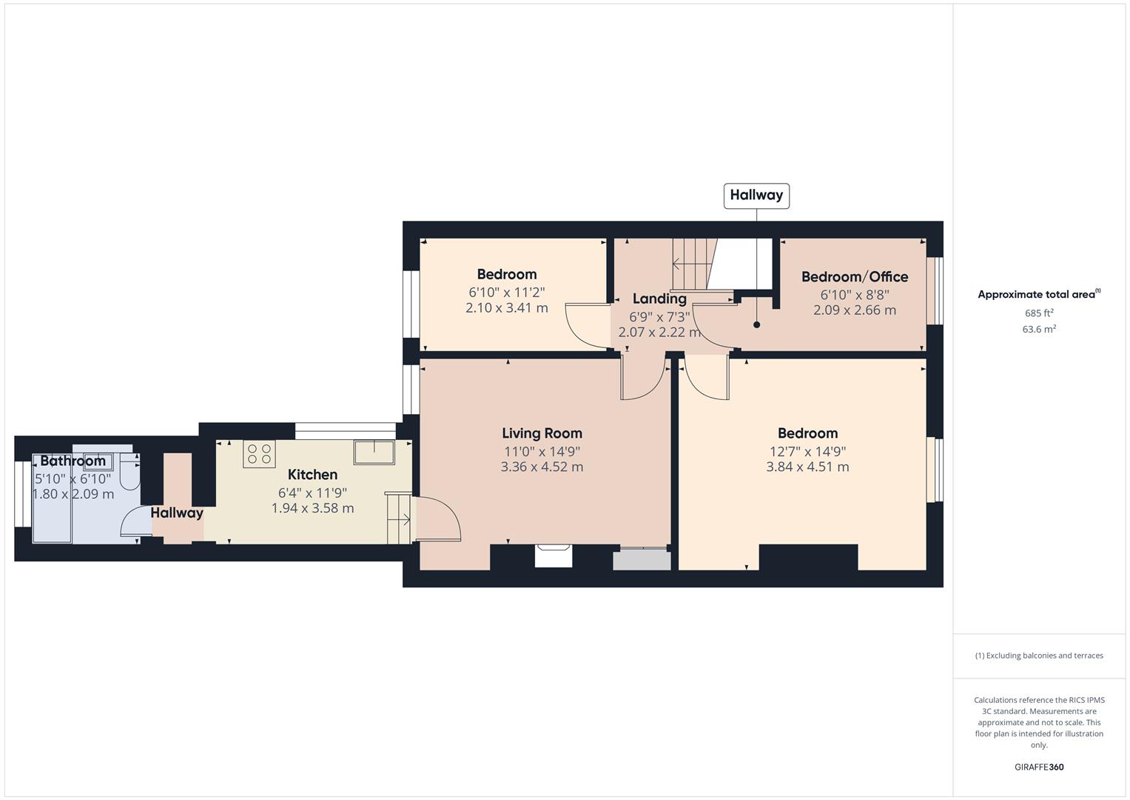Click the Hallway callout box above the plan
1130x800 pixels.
(756, 196)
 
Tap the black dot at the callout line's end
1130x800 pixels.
(757, 324)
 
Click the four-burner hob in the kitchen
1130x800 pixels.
(259, 453)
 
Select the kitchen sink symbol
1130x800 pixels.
(374, 452)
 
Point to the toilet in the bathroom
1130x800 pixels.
(130, 472)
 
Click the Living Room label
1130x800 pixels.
(542, 433)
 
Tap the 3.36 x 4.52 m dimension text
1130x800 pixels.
(542, 467)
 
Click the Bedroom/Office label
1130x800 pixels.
(855, 277)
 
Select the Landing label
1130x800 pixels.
(659, 299)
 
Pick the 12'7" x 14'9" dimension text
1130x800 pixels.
(807, 451)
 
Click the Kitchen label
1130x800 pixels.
(312, 475)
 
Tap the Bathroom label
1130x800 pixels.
(73, 461)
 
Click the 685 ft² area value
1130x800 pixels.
(1039, 313)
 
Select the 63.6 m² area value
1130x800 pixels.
(1039, 330)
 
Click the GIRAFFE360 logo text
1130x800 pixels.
(1039, 767)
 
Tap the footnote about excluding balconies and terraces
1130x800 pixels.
(1039, 656)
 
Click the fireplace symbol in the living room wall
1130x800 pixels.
(554, 555)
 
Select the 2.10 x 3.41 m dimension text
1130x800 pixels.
(506, 307)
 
